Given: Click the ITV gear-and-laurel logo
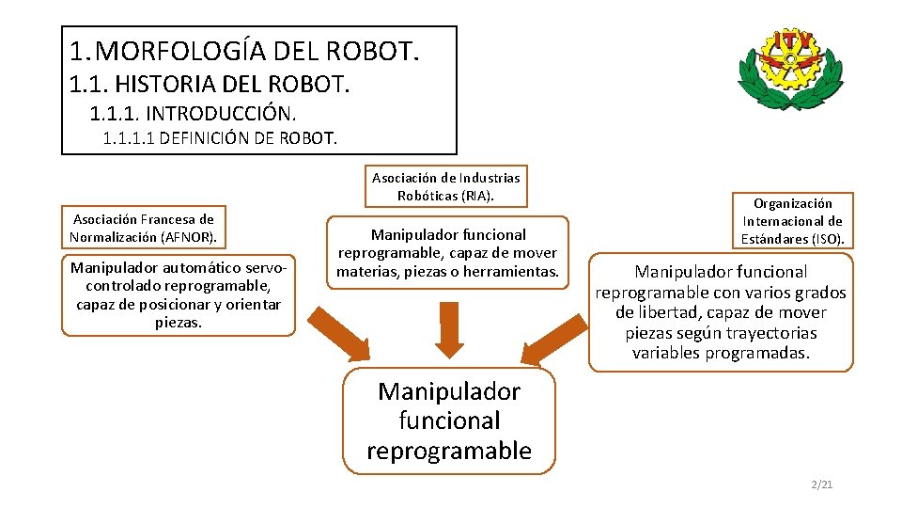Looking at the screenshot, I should [788, 68].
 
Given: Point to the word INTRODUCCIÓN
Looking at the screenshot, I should [221, 115].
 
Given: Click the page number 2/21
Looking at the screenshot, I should [822, 484].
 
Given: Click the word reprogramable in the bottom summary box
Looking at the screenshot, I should [449, 451].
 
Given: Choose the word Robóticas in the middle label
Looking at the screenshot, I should [428, 196].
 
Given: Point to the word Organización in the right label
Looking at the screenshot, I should [792, 203].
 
